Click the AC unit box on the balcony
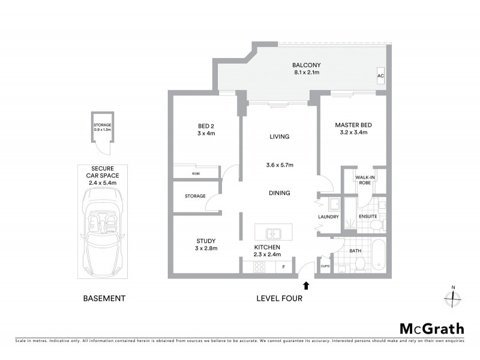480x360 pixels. click(x=380, y=76)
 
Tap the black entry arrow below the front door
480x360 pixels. click(x=307, y=286)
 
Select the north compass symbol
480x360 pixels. click(x=452, y=296)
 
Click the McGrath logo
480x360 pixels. click(x=432, y=328)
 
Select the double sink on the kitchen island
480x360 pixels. click(x=273, y=233)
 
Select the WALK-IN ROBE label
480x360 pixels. click(x=364, y=181)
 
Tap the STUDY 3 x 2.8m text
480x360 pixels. click(x=206, y=244)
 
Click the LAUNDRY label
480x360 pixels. click(x=328, y=217)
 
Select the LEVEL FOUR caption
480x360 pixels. click(x=279, y=298)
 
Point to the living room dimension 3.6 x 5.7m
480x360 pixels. click(x=279, y=165)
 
